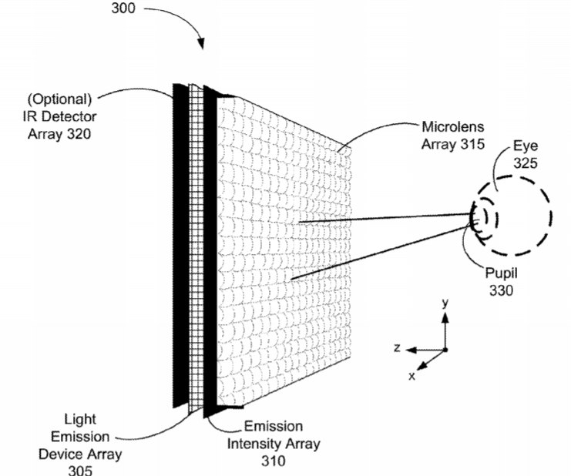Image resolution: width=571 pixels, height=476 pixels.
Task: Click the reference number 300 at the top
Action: tap(123, 8)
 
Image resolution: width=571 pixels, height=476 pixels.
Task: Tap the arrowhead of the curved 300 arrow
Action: tap(200, 43)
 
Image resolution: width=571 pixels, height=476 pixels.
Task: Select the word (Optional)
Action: tap(60, 99)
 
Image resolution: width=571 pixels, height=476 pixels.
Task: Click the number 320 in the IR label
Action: tap(79, 134)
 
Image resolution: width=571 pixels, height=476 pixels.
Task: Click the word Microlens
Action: tap(453, 126)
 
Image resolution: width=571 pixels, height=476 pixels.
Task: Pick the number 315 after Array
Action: tap(472, 144)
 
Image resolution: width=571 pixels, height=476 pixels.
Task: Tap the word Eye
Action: tap(526, 146)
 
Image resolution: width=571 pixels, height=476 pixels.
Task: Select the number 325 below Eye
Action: tap(526, 163)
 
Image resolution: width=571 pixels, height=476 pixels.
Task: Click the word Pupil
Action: tap(501, 273)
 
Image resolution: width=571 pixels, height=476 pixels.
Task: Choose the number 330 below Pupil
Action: tap(501, 290)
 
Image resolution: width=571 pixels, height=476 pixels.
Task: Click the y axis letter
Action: tap(445, 303)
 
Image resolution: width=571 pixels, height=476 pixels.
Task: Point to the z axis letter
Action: tap(398, 348)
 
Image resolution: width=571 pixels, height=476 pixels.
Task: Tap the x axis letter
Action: tap(411, 377)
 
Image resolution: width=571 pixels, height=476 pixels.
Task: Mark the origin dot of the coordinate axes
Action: tap(445, 350)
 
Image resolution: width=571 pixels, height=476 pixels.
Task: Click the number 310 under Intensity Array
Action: tap(273, 461)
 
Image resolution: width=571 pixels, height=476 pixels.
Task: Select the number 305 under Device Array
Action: tap(80, 470)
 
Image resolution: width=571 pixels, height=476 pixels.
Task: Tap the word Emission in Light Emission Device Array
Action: tap(80, 436)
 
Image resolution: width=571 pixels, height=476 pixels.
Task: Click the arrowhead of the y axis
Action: tap(445, 317)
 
